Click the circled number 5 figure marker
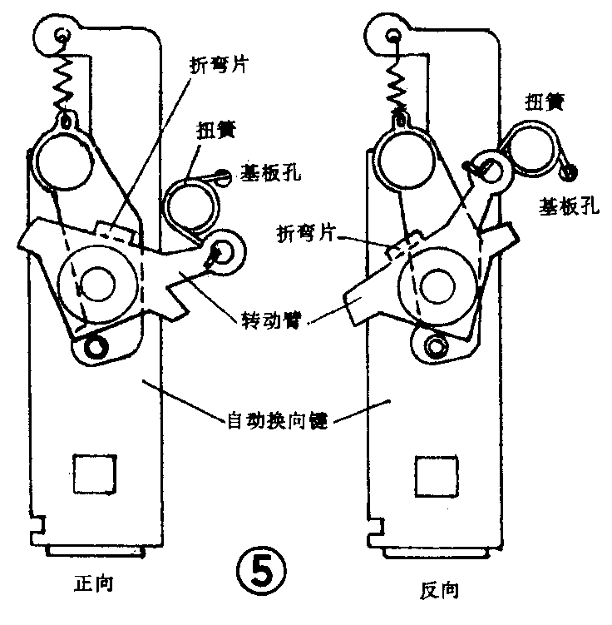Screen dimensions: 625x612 pos(264,573)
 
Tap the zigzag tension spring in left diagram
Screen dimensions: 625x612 pos(64,82)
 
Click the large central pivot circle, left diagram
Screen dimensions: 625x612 pos(97,285)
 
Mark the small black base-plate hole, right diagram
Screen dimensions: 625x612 pos(570,171)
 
